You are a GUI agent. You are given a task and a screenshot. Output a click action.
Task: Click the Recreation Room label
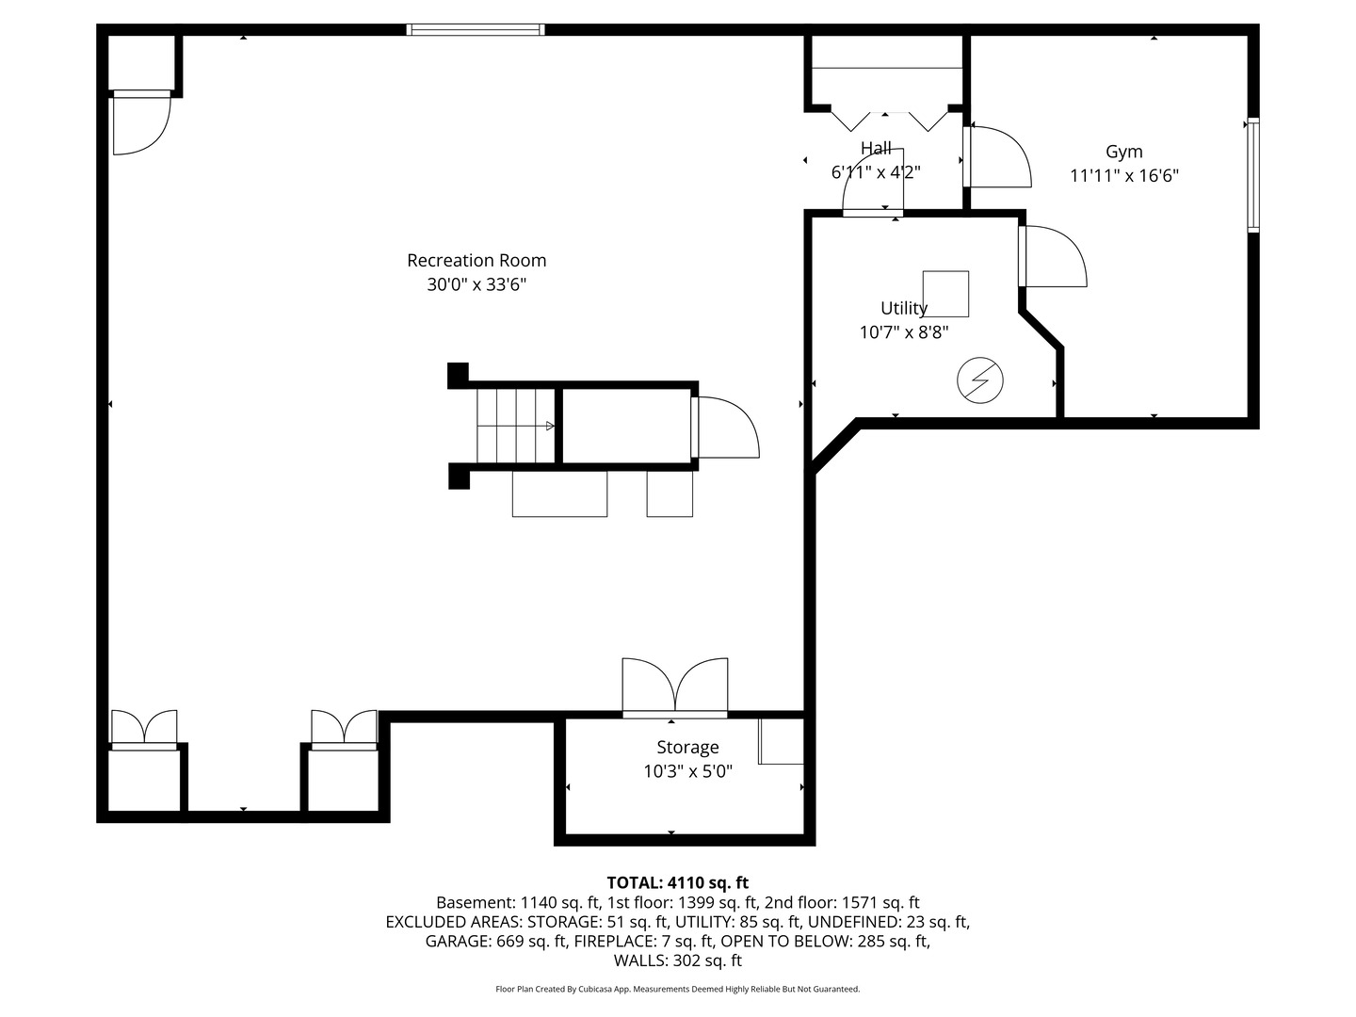[x=476, y=261]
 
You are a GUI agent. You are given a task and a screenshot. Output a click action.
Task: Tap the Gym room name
[x=1123, y=152]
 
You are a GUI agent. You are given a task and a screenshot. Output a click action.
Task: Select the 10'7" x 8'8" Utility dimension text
[x=903, y=332]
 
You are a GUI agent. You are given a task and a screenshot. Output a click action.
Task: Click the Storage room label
[x=687, y=748]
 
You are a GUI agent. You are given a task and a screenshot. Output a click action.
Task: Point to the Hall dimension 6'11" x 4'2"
[x=875, y=173]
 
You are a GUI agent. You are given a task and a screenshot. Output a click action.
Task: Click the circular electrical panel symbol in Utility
[x=979, y=381]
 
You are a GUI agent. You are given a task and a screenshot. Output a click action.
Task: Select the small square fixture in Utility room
[x=945, y=294]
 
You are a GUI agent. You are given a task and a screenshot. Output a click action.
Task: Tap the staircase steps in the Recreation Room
[x=514, y=426]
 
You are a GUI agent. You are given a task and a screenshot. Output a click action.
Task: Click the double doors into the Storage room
[x=674, y=687]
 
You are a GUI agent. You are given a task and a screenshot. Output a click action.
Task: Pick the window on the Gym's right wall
[x=1253, y=175]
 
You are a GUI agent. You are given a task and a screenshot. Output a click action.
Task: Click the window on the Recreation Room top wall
[x=476, y=30]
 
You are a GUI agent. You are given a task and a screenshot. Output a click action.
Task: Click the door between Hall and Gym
[x=996, y=156]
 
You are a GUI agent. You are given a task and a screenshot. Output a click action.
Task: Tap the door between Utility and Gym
[x=1052, y=256]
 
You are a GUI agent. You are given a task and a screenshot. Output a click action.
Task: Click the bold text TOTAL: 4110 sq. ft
[x=677, y=883]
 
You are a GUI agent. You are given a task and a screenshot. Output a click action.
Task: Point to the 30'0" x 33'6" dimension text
[x=476, y=285]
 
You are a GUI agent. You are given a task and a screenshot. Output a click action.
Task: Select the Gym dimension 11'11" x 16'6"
[x=1123, y=176]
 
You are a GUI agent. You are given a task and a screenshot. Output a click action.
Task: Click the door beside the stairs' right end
[x=725, y=428]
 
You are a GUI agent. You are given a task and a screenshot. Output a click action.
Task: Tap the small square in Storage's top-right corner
[x=782, y=741]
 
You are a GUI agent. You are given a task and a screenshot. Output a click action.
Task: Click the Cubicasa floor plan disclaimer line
[x=677, y=990]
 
